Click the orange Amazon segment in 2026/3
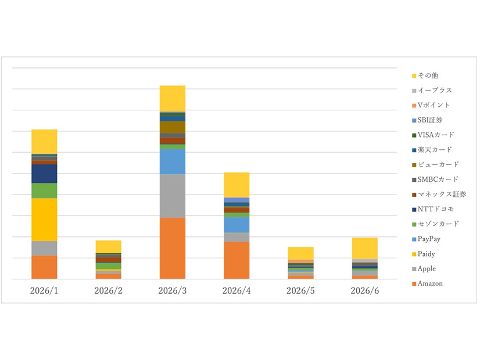173,249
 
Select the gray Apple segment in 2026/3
173,196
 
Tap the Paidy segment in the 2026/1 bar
44,219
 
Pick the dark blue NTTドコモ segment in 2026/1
44,174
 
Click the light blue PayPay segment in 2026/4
237,225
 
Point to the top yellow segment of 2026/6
365,249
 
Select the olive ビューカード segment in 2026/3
173,127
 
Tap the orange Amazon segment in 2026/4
237,260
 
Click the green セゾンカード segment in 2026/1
44,190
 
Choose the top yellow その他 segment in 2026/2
108,247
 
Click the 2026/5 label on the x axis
300,290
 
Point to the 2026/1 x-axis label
44,290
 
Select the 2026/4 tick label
237,290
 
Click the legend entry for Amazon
427,283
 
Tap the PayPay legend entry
427,239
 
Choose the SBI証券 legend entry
427,120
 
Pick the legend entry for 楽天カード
432,150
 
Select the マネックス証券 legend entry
439,194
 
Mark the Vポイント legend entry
431,105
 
